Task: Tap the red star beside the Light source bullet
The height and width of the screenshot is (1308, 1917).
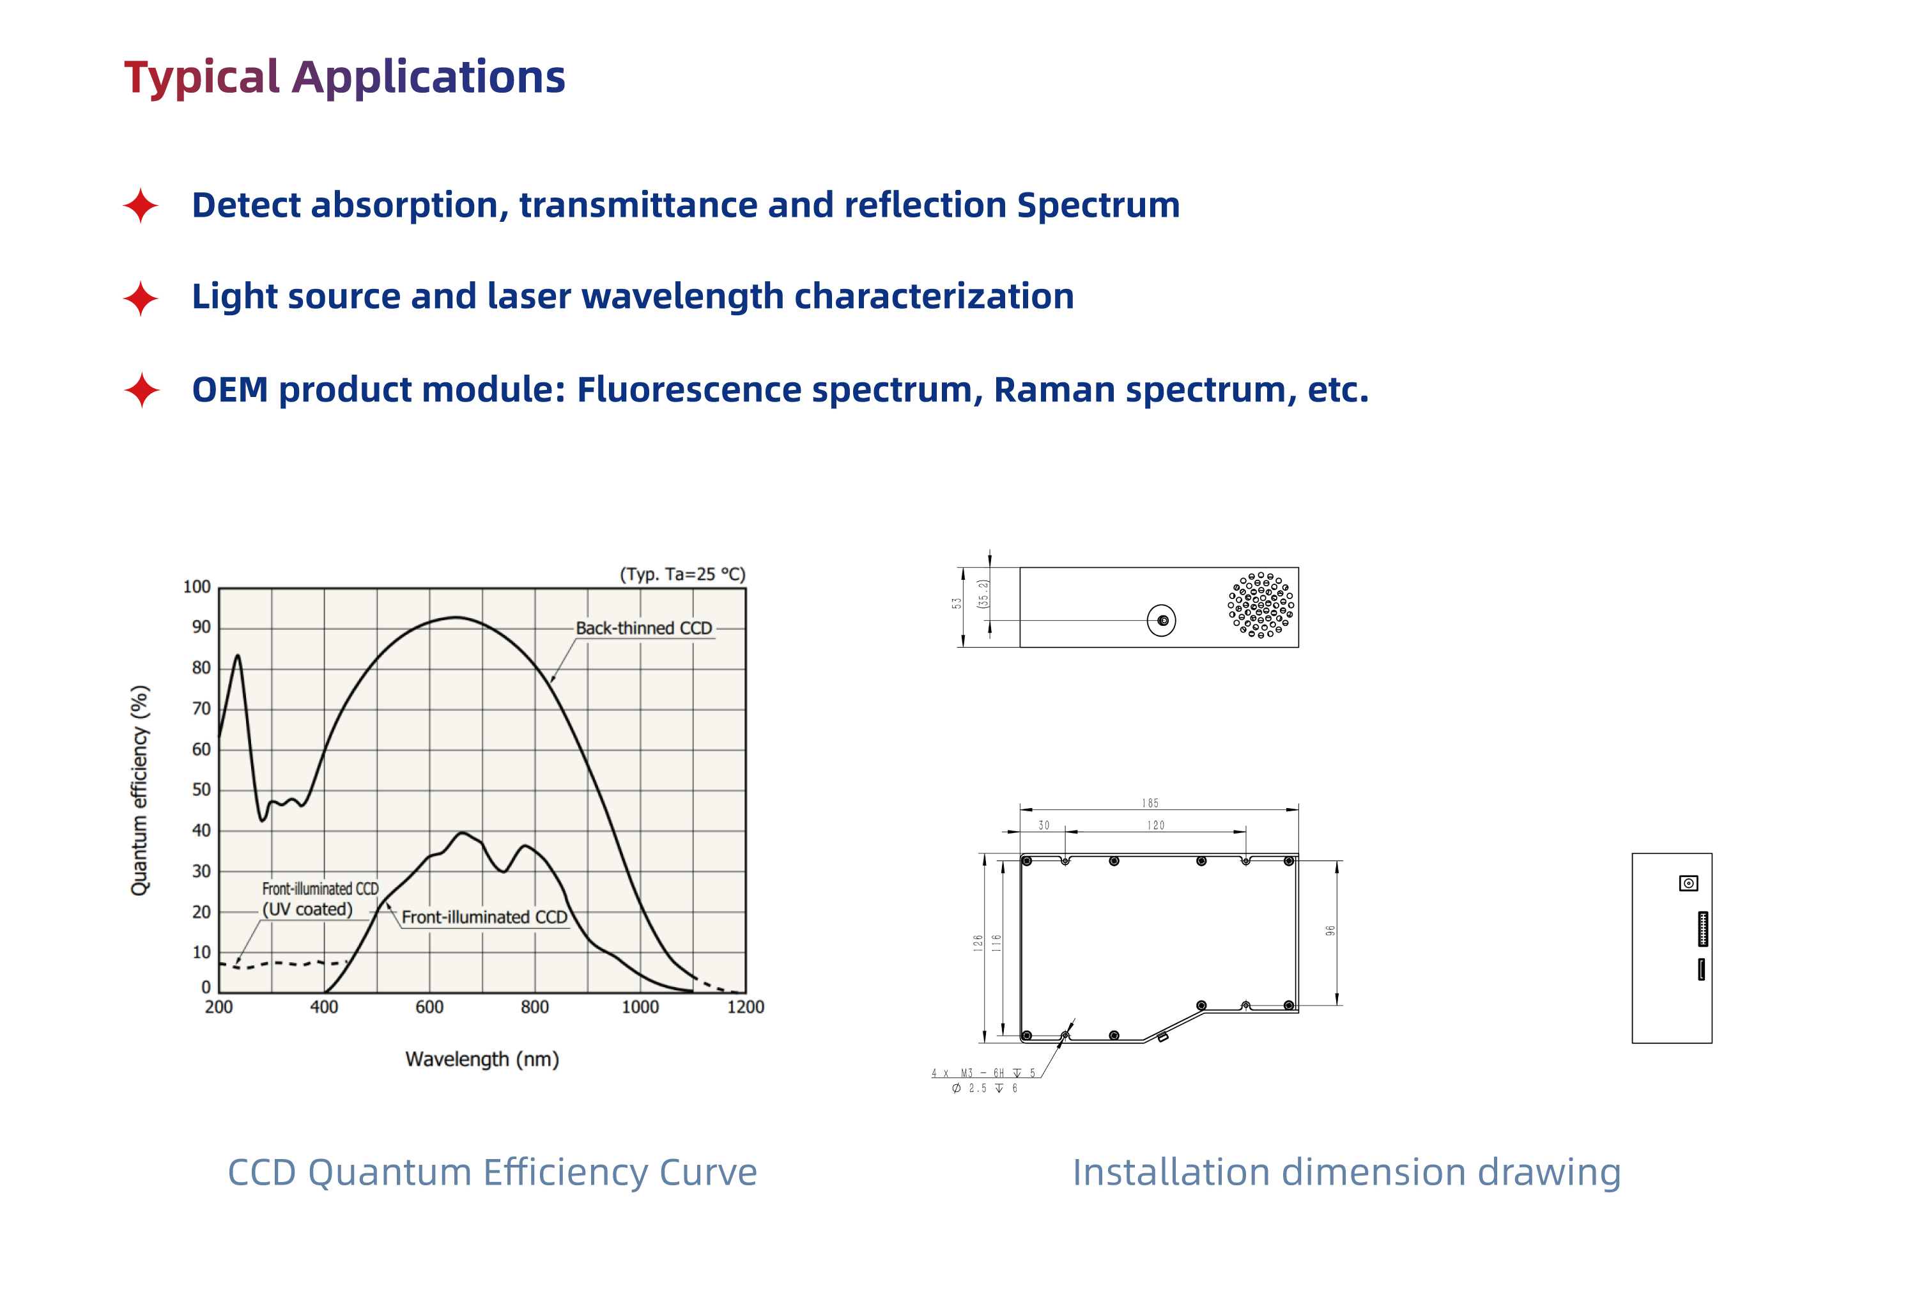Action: [x=141, y=298]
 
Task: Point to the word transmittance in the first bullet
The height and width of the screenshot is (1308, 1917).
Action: [x=638, y=205]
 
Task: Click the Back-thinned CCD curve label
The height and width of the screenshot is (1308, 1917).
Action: [x=643, y=628]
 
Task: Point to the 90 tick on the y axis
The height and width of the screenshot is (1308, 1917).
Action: [x=201, y=627]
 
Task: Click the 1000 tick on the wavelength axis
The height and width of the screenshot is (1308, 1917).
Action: [x=640, y=1007]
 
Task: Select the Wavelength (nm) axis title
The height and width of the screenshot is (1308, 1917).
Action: [x=482, y=1059]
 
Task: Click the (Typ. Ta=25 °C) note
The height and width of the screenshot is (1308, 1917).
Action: [x=682, y=574]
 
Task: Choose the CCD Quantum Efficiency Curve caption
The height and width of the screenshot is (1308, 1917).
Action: [x=493, y=1172]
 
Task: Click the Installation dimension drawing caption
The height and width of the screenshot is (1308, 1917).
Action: [x=1346, y=1172]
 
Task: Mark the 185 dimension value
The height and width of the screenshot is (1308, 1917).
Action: [x=1150, y=803]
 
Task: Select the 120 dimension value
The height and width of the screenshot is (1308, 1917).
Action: [x=1156, y=825]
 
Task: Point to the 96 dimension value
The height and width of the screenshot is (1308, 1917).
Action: [x=1330, y=931]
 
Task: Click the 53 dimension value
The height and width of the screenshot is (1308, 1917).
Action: [x=957, y=603]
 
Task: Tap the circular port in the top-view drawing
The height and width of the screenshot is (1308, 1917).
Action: [x=1162, y=621]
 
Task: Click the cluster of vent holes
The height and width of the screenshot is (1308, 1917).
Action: [x=1260, y=605]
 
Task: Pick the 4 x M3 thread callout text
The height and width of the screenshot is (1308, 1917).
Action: [x=983, y=1073]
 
